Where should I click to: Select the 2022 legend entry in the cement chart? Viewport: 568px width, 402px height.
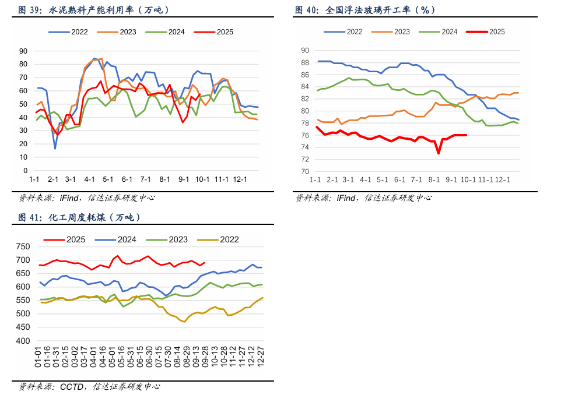click(72, 31)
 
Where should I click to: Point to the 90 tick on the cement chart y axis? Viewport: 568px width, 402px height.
click(23, 51)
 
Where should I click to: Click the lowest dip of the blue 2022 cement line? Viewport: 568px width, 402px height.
click(55, 149)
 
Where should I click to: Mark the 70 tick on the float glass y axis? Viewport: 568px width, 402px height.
click(304, 171)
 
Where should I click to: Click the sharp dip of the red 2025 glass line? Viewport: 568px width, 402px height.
click(439, 153)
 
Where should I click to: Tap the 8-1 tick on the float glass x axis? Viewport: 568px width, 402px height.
click(434, 180)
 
